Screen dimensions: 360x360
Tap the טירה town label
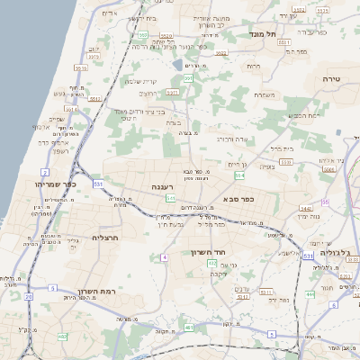point(331,79)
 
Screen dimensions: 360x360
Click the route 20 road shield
point(28,295)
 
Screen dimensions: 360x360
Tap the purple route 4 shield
point(165,258)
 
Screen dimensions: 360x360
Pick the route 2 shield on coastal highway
point(44,170)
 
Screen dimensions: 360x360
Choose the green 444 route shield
point(309,293)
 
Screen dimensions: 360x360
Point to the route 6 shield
point(334,304)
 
